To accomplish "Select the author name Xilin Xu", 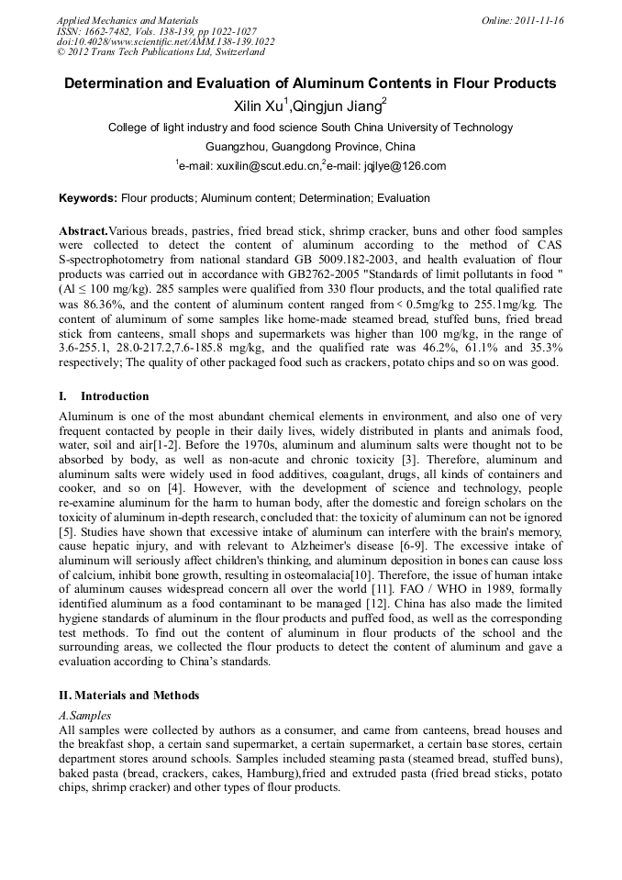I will (261, 106).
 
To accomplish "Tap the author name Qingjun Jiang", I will (337, 106).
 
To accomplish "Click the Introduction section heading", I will (115, 396).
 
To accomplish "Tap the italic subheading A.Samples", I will (84, 715).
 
